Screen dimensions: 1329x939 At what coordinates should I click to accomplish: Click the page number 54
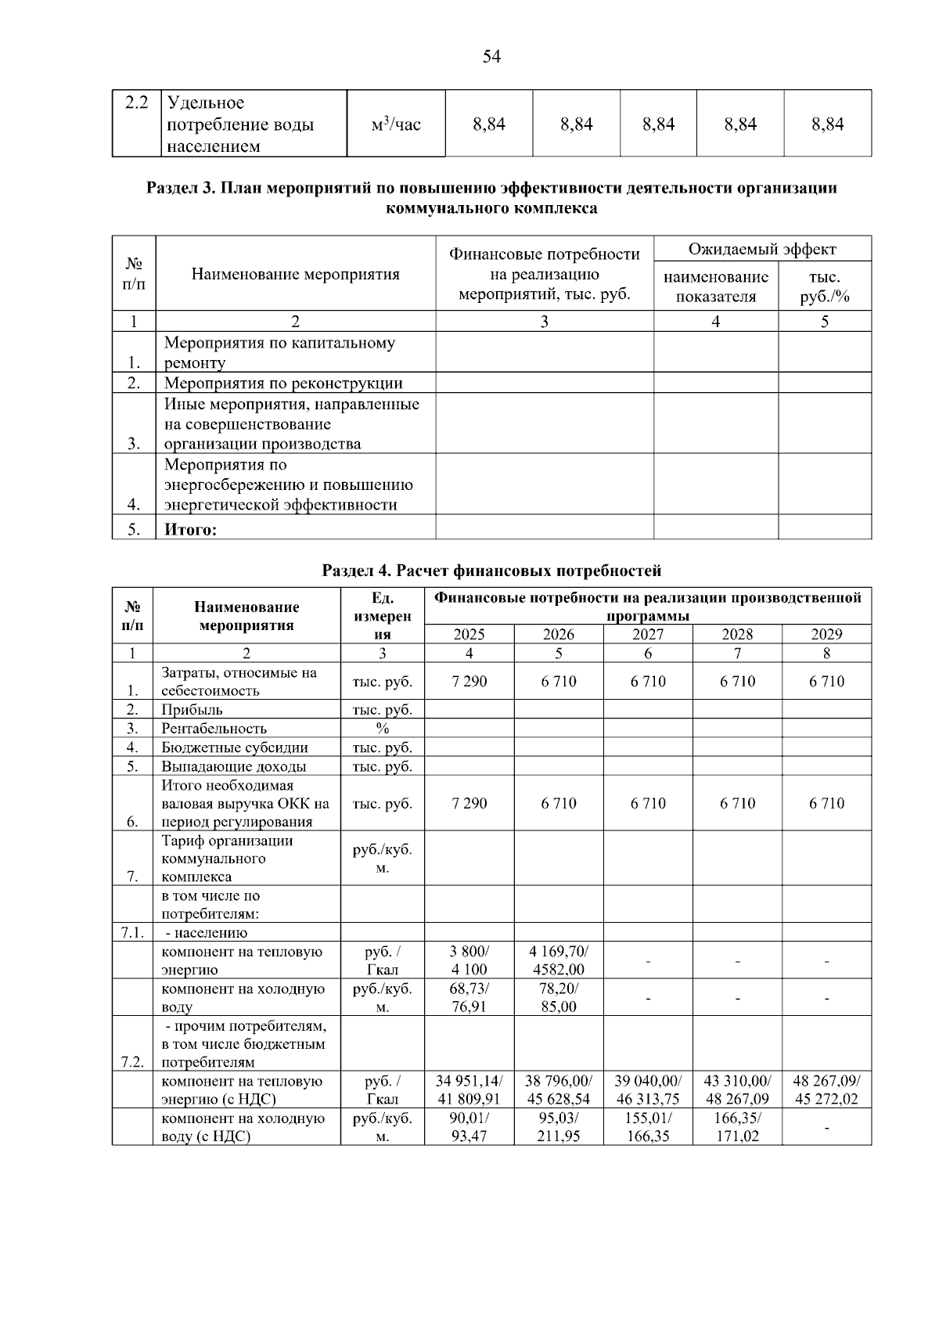point(491,56)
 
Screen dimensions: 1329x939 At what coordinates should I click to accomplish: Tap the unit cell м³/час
point(396,124)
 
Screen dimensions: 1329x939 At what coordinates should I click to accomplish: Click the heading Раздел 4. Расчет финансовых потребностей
point(491,571)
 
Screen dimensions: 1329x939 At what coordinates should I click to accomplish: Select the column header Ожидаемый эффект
point(761,249)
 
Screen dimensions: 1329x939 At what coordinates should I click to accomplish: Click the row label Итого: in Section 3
point(190,529)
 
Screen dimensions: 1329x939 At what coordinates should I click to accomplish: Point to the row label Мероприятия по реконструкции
point(283,383)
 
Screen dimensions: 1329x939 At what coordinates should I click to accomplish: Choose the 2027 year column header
point(648,634)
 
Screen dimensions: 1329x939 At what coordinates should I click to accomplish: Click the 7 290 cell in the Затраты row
point(469,681)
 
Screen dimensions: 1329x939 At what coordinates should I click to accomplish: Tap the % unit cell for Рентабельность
point(382,729)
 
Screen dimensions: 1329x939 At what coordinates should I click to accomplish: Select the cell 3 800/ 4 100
point(469,960)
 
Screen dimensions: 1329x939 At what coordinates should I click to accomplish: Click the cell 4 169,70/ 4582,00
point(559,960)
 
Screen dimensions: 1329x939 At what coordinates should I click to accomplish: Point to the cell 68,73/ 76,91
point(469,997)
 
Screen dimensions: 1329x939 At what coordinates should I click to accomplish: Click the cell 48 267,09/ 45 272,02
point(826,1089)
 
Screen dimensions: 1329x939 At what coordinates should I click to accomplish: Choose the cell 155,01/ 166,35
point(648,1127)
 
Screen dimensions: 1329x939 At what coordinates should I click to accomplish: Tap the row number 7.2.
point(132,1062)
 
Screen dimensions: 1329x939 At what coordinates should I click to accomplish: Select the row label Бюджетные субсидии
point(235,747)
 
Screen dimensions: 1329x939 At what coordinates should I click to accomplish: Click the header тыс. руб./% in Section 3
point(824,286)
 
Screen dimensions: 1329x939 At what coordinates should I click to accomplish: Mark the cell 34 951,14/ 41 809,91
point(469,1089)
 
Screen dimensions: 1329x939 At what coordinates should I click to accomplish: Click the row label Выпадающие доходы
point(233,766)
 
